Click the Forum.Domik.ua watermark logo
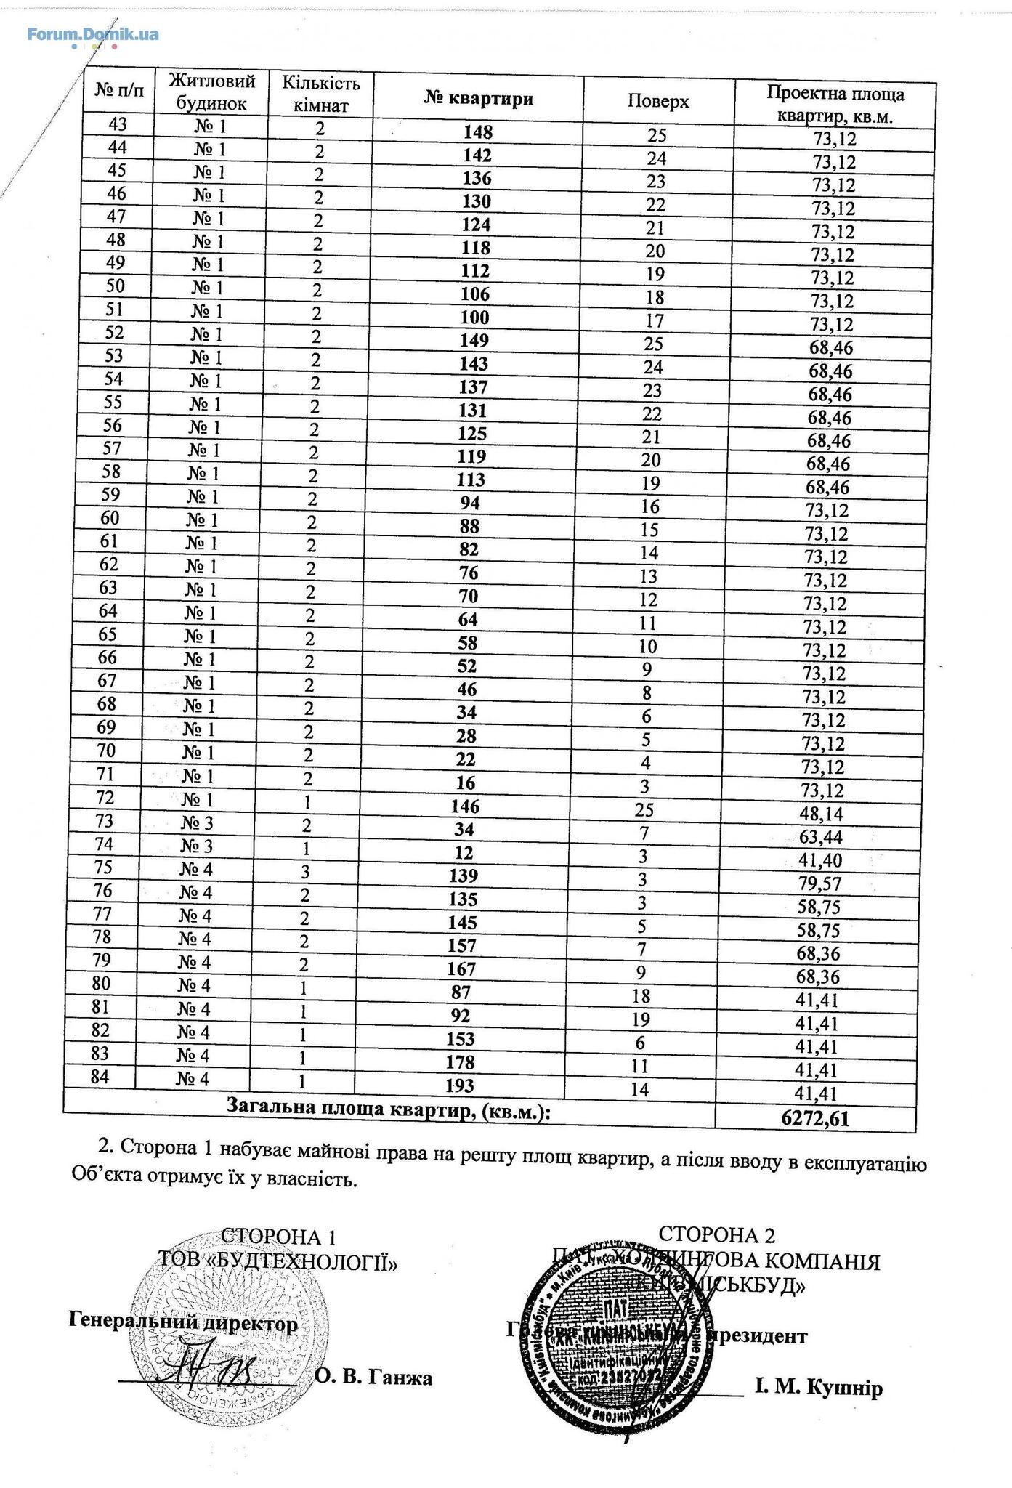click(x=93, y=34)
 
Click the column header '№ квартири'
click(x=478, y=99)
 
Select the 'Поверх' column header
click(x=657, y=102)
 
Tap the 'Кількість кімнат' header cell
click(x=320, y=94)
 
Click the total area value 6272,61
click(x=815, y=1118)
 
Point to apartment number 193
click(x=459, y=1085)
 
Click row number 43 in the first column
click(x=117, y=124)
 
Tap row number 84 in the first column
click(x=100, y=1076)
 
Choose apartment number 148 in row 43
click(x=477, y=132)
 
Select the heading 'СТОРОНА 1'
click(x=279, y=1237)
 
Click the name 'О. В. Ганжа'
click(x=373, y=1377)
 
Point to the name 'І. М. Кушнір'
click(x=819, y=1388)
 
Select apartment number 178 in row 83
click(x=460, y=1062)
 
